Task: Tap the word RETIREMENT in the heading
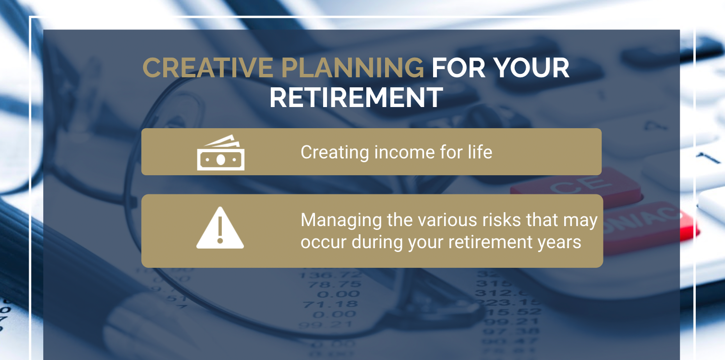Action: (x=356, y=98)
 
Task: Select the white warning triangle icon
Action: (x=220, y=229)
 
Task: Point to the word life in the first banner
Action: (x=479, y=153)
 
